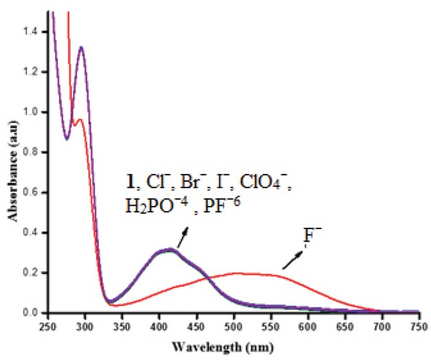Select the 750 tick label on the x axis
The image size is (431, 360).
[x=419, y=325]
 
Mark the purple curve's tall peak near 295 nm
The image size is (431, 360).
[x=81, y=47]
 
